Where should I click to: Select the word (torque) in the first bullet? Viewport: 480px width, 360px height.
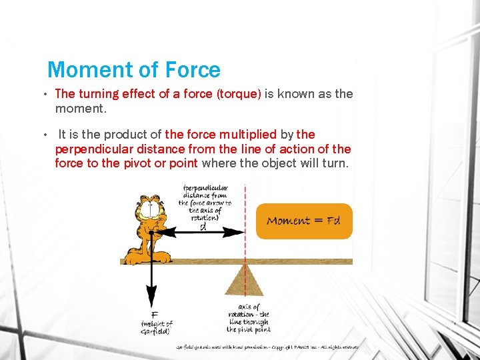(238, 94)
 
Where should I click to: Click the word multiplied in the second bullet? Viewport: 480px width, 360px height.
(243, 135)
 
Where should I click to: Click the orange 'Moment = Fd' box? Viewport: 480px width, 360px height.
(304, 221)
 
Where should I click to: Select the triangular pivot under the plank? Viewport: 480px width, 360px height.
(244, 280)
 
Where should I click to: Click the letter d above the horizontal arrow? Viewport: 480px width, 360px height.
(203, 225)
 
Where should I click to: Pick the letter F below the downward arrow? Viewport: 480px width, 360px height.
(154, 315)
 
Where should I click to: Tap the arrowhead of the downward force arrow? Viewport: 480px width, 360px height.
(152, 299)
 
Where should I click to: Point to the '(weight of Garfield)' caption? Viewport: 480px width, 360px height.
(156, 327)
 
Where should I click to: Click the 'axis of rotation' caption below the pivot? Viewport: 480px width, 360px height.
(248, 318)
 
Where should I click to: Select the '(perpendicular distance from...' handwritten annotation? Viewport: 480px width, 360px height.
(205, 203)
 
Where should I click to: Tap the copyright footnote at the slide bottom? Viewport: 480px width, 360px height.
(267, 347)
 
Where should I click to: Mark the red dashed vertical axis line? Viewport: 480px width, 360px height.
(245, 200)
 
